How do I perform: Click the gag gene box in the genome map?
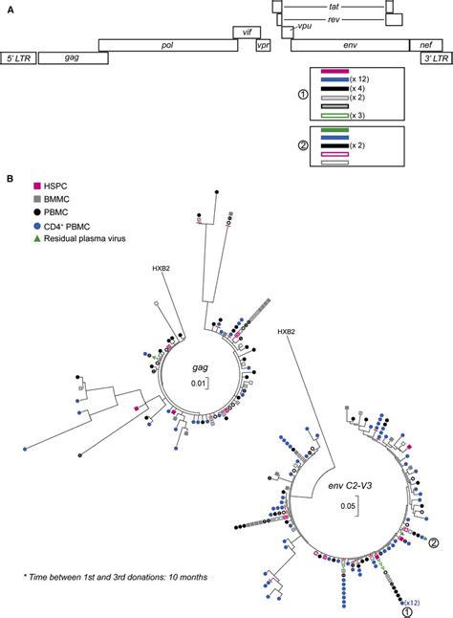72,57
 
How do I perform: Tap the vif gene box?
248,33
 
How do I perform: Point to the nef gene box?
421,45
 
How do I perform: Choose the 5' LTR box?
19,57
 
